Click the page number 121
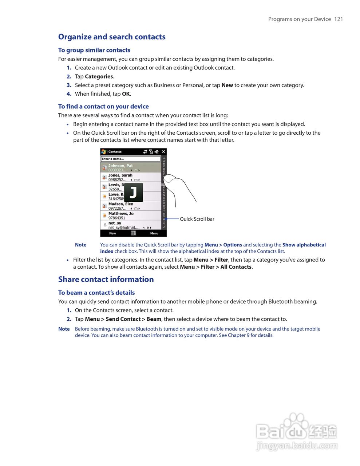[339, 19]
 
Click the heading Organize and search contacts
[112, 37]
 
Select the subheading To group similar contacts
[94, 50]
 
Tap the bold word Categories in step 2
[99, 76]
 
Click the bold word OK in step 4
[126, 94]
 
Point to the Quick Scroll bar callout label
[197, 219]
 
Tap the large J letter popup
[133, 192]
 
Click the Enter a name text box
[130, 159]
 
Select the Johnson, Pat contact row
[131, 168]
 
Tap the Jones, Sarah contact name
[120, 175]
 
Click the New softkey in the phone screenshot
[112, 233]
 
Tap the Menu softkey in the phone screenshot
[154, 233]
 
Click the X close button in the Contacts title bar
[163, 152]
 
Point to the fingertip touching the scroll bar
[169, 178]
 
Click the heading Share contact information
[106, 279]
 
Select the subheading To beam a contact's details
[96, 293]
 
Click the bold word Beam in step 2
[154, 319]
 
